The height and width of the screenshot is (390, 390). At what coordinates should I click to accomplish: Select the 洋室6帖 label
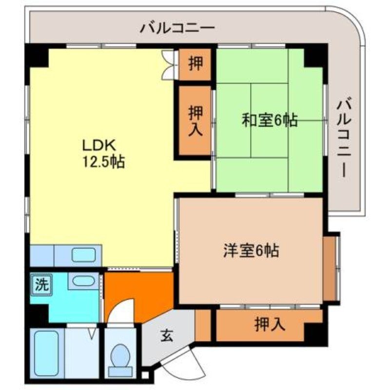click(251, 251)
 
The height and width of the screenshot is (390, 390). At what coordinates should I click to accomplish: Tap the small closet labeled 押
click(195, 64)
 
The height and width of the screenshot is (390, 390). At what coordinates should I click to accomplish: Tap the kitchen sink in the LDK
click(84, 254)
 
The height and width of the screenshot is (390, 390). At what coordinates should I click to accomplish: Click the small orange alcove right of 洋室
click(331, 269)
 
